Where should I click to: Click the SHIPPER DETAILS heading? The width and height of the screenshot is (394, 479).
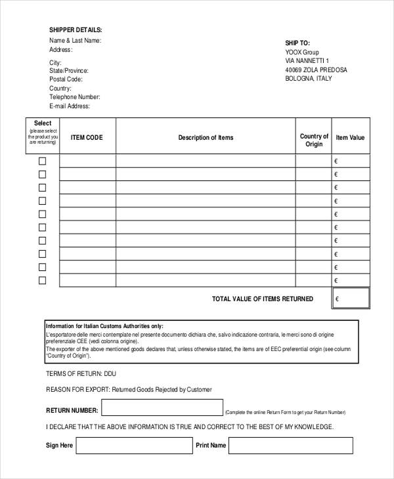(76, 30)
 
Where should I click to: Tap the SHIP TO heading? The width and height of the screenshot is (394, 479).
(297, 42)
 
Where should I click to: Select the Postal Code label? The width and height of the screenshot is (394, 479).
(66, 79)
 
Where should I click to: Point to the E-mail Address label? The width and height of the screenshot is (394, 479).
(70, 106)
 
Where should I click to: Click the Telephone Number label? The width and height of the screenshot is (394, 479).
(74, 97)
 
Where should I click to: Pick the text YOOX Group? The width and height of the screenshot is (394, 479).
(302, 51)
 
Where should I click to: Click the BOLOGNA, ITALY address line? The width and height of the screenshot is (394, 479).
(309, 79)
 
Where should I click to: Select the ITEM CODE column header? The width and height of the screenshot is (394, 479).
(87, 138)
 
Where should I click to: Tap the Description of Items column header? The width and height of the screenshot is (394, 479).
(206, 138)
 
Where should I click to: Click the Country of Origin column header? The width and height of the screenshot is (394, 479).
(314, 140)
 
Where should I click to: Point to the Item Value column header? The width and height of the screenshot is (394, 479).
(350, 138)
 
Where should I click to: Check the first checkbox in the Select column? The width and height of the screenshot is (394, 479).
(43, 161)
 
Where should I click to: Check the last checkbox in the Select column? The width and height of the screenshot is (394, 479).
(43, 280)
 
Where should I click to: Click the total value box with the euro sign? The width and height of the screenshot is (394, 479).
(351, 299)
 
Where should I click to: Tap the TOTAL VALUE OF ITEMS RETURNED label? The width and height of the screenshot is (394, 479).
(262, 299)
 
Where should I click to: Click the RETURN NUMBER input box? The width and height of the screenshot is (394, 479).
(162, 409)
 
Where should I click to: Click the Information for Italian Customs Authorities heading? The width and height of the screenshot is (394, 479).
(104, 326)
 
